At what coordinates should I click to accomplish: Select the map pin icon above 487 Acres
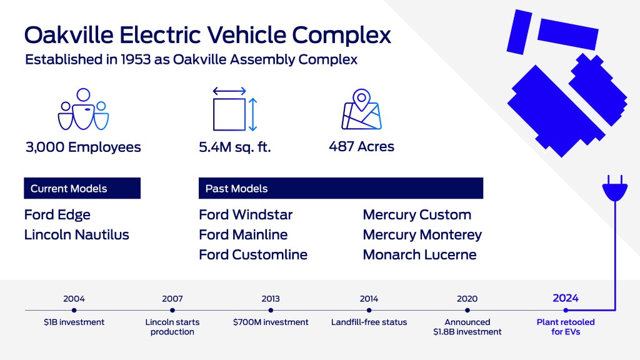[x=361, y=111]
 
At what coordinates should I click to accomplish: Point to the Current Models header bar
[x=82, y=188]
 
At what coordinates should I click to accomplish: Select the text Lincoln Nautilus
[x=77, y=235]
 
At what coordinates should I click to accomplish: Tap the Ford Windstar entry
[x=246, y=215]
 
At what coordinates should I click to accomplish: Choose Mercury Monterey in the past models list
[x=422, y=235]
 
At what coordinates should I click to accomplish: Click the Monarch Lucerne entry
[x=419, y=255]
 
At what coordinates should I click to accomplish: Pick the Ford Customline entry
[x=253, y=255]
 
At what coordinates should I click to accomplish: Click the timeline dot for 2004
[x=74, y=310]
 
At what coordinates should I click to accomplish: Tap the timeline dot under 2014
[x=369, y=310]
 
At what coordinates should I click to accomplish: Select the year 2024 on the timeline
[x=566, y=298]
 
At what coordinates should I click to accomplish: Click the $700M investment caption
[x=271, y=322]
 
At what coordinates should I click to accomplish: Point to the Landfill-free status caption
[x=369, y=322]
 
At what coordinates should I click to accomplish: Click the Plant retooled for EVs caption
[x=566, y=327]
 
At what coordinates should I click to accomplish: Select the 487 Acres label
[x=361, y=147]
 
